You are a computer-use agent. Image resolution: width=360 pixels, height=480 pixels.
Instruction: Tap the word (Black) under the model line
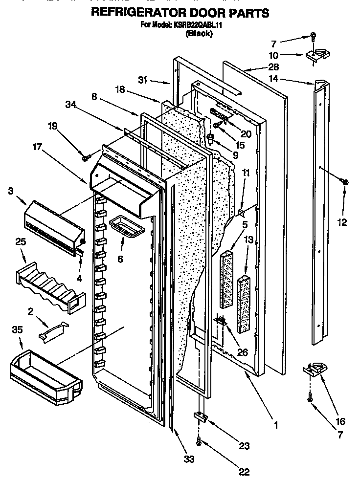198,34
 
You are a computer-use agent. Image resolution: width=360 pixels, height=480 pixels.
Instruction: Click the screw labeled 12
345,182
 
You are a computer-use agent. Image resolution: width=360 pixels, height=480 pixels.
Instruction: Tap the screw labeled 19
86,158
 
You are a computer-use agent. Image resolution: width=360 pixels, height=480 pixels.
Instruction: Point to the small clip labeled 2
54,330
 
